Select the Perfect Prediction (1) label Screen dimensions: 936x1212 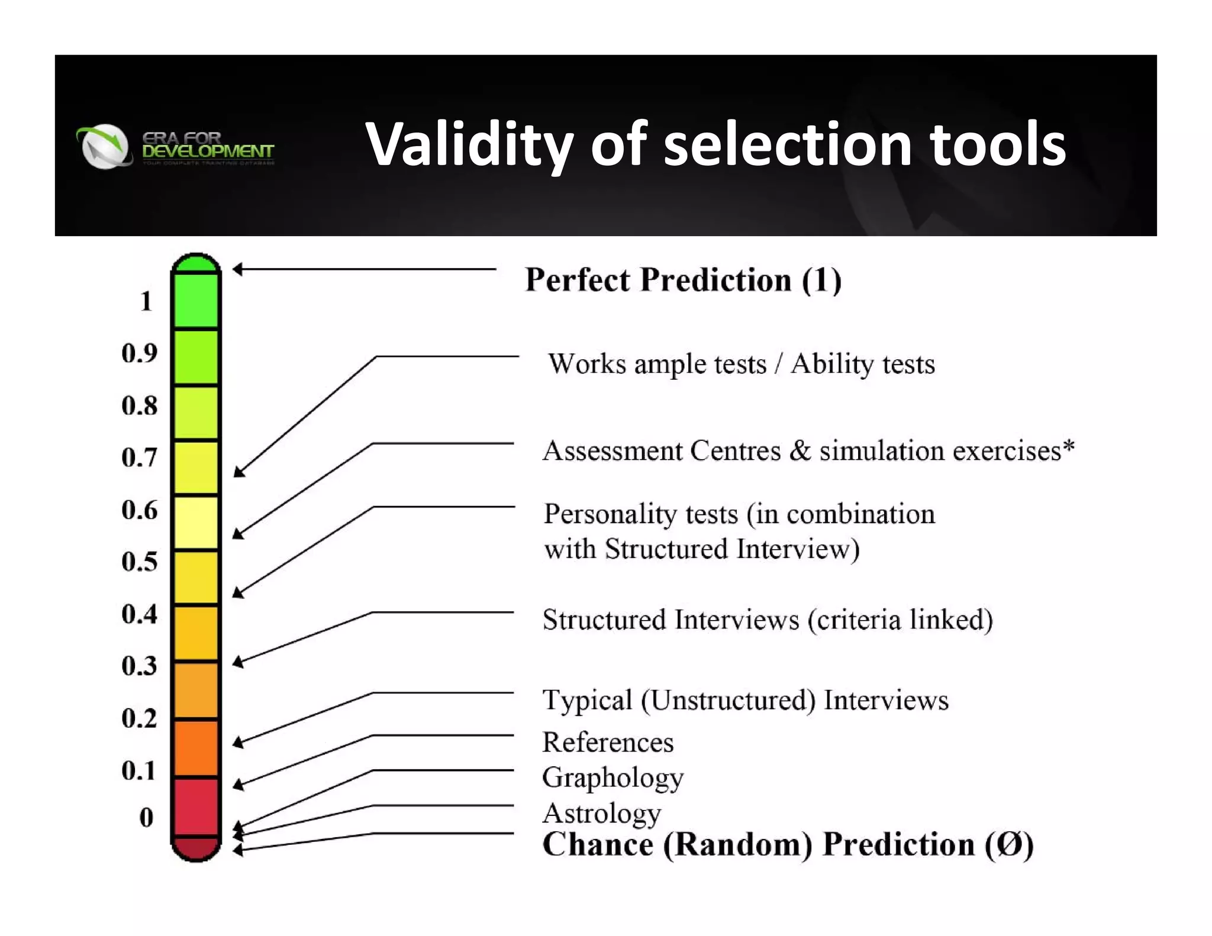click(x=683, y=280)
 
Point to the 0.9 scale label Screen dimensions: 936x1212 click(x=140, y=353)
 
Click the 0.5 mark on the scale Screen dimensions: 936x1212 click(x=140, y=561)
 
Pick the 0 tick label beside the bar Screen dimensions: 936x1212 click(x=146, y=817)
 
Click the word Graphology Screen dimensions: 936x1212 click(x=613, y=778)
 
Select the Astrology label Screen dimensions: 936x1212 click(x=602, y=814)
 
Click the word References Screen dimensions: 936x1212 click(x=608, y=743)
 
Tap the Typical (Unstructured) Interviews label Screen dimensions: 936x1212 click(x=745, y=701)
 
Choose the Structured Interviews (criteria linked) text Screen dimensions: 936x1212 click(x=767, y=620)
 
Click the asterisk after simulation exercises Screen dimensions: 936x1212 click(x=1068, y=446)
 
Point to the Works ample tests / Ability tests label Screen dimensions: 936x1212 click(x=741, y=364)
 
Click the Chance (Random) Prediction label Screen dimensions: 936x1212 click(x=787, y=845)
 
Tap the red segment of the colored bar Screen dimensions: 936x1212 click(x=196, y=806)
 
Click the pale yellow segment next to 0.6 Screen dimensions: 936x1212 click(x=196, y=522)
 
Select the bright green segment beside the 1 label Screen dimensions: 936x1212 click(x=196, y=301)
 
